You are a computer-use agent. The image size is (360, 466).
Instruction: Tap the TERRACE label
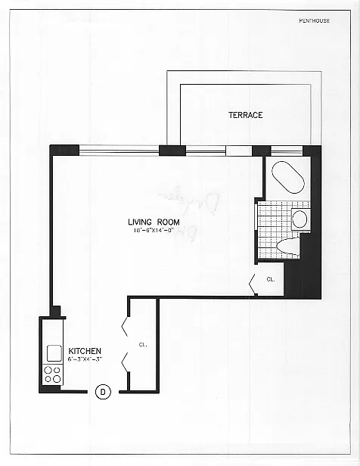tap(246, 115)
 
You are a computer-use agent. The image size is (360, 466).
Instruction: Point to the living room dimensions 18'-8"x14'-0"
tap(151, 230)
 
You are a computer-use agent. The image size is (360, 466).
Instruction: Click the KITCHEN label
tap(84, 351)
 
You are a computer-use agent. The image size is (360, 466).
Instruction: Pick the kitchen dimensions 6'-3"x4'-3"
tap(85, 360)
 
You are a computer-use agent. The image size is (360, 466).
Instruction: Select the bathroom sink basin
tap(299, 220)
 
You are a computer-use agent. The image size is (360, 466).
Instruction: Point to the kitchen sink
tap(54, 353)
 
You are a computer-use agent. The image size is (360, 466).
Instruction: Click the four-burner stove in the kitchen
tap(54, 374)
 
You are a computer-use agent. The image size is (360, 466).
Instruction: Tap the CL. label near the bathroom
tap(271, 278)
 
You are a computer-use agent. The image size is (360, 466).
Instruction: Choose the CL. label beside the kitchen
tap(142, 345)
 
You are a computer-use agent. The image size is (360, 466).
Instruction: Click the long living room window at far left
tap(119, 148)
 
